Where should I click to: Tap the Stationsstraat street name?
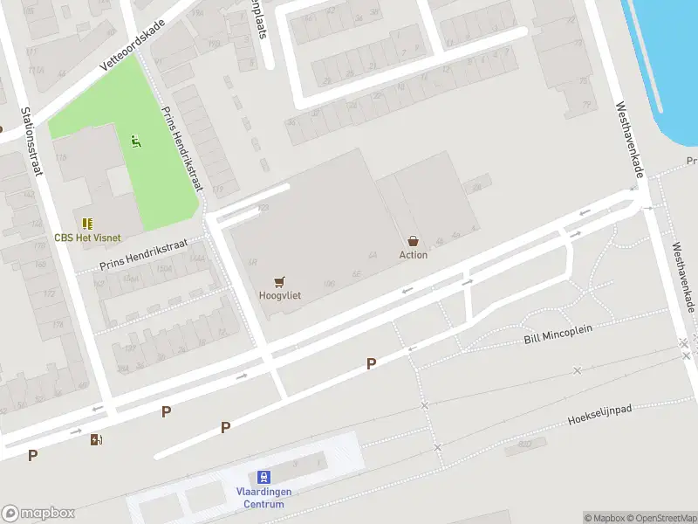pyautogui.click(x=31, y=141)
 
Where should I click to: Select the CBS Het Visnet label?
pyautogui.click(x=87, y=238)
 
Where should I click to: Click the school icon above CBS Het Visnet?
pyautogui.click(x=87, y=224)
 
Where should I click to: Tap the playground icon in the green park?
pyautogui.click(x=135, y=141)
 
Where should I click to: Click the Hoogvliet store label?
pyautogui.click(x=280, y=295)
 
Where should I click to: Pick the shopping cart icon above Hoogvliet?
pyautogui.click(x=280, y=281)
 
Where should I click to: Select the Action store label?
pyautogui.click(x=414, y=254)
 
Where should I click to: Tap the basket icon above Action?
pyautogui.click(x=414, y=240)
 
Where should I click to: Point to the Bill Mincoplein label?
pyautogui.click(x=558, y=334)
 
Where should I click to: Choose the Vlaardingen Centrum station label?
pyautogui.click(x=263, y=498)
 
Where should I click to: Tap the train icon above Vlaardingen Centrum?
pyautogui.click(x=263, y=478)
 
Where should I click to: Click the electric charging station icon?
pyautogui.click(x=95, y=439)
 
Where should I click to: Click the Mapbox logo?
pyautogui.click(x=38, y=514)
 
